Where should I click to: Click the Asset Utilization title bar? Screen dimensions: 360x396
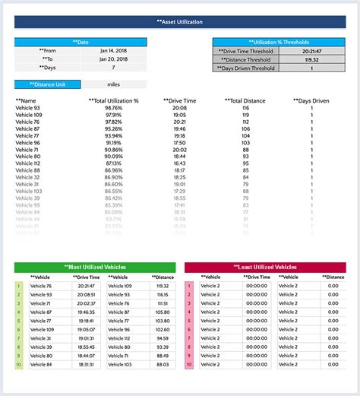[180, 22]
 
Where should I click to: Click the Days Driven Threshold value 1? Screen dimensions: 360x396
[311, 68]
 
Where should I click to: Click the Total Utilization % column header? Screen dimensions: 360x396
[113, 100]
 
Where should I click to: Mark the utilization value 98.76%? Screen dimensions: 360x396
[113, 108]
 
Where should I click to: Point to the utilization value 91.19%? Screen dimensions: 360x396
[113, 142]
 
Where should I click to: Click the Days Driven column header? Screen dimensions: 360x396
[311, 100]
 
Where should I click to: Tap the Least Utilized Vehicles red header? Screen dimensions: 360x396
[265, 268]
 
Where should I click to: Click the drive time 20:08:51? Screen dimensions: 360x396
[86, 294]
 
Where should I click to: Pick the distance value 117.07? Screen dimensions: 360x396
[163, 294]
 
